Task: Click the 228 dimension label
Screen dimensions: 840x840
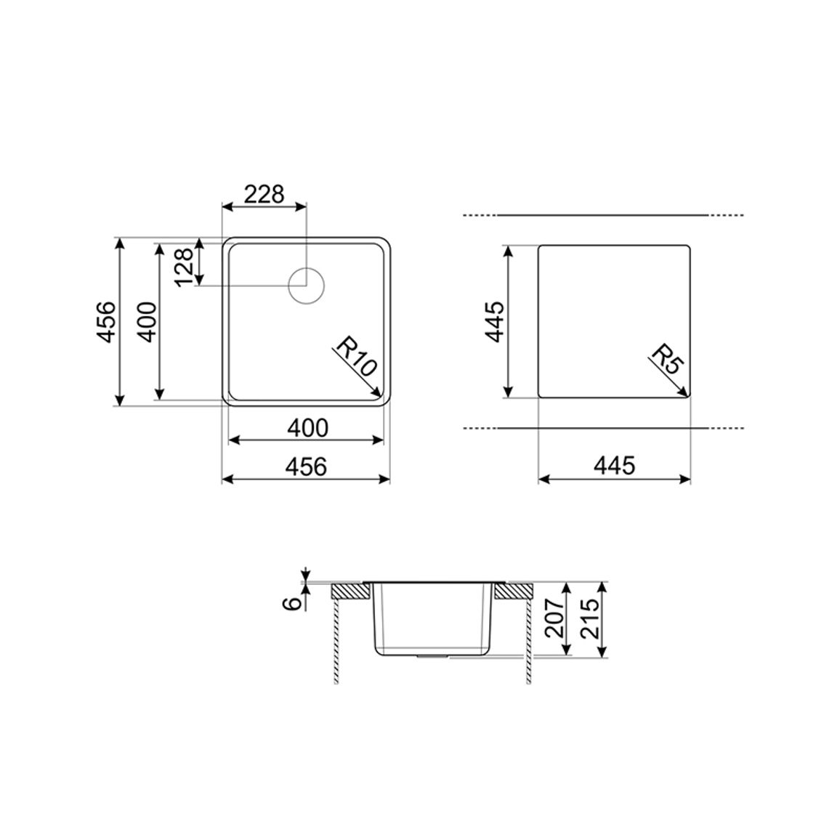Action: tap(264, 194)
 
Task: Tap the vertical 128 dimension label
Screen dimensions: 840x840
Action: tap(185, 267)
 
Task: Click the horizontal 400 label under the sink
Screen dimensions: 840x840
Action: tap(307, 427)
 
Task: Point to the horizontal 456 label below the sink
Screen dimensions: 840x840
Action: tap(305, 467)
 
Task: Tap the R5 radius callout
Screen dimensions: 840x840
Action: tap(668, 360)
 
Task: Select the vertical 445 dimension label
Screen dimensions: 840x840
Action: tap(494, 321)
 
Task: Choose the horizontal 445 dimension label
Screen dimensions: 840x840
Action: tap(614, 465)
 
